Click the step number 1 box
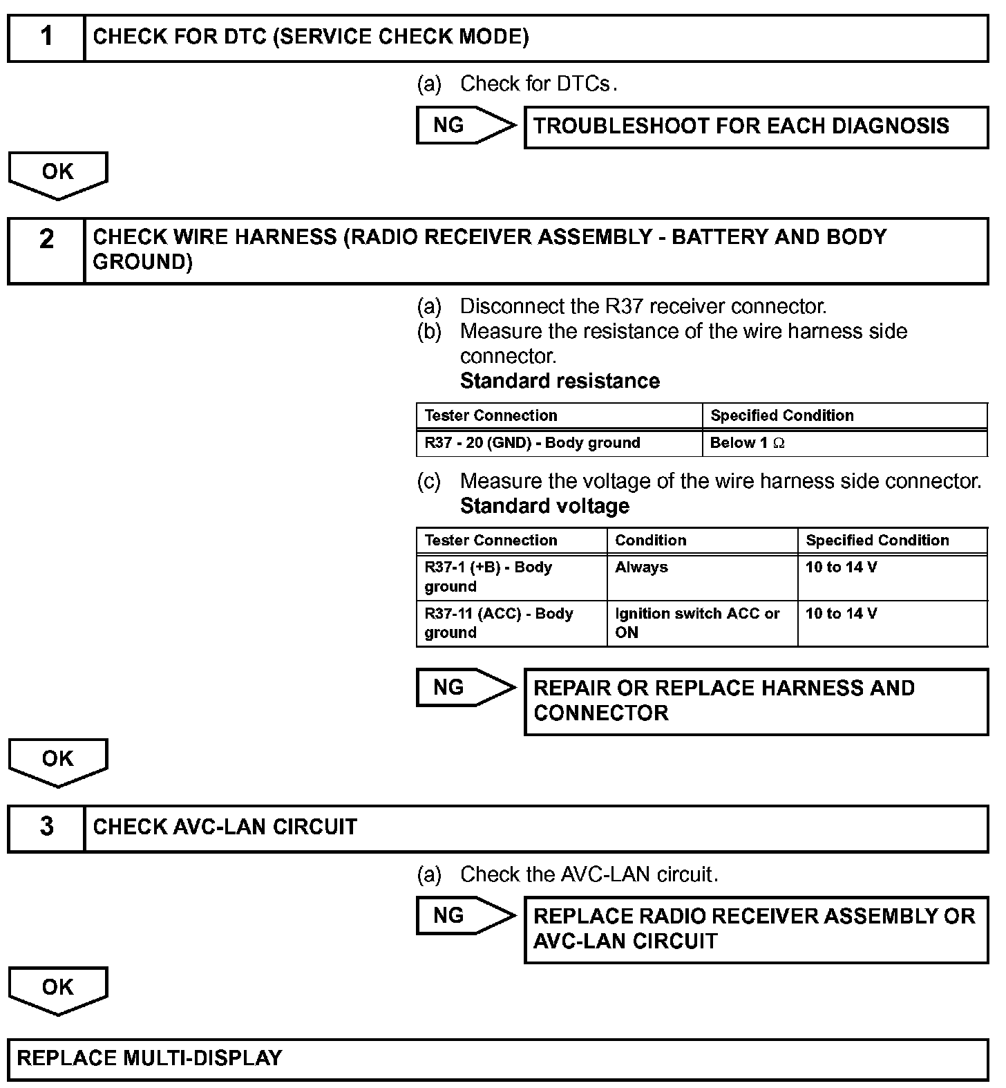(46, 37)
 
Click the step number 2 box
(46, 250)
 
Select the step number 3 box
(46, 827)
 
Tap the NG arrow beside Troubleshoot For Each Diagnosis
(464, 125)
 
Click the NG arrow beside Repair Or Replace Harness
(464, 688)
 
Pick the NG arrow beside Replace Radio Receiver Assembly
(464, 916)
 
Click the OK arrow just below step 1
(58, 174)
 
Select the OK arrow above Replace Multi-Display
(58, 989)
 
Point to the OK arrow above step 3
(58, 761)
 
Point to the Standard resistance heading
(560, 381)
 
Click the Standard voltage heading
(544, 506)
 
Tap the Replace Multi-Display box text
(149, 1058)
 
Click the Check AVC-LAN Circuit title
(225, 827)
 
